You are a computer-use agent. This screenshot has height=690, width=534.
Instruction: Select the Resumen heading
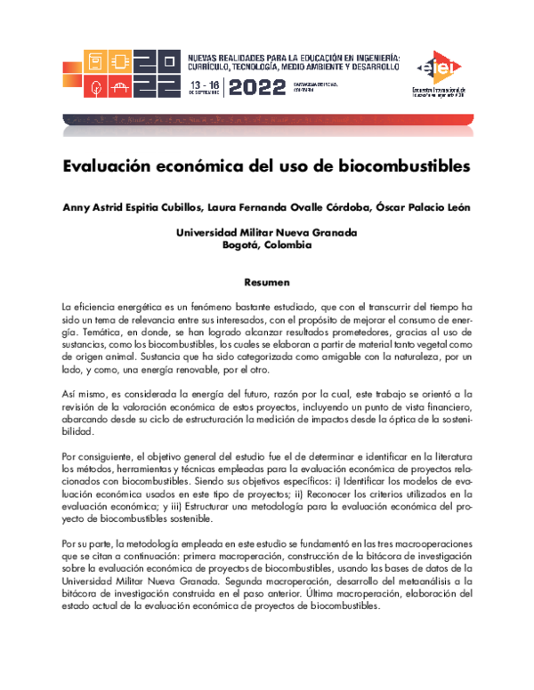point(267,282)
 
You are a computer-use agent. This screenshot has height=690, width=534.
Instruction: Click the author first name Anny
point(75,208)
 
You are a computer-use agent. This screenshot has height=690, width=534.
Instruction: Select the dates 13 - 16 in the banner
point(204,81)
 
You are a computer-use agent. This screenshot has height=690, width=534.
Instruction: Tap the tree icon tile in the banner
point(94,87)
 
